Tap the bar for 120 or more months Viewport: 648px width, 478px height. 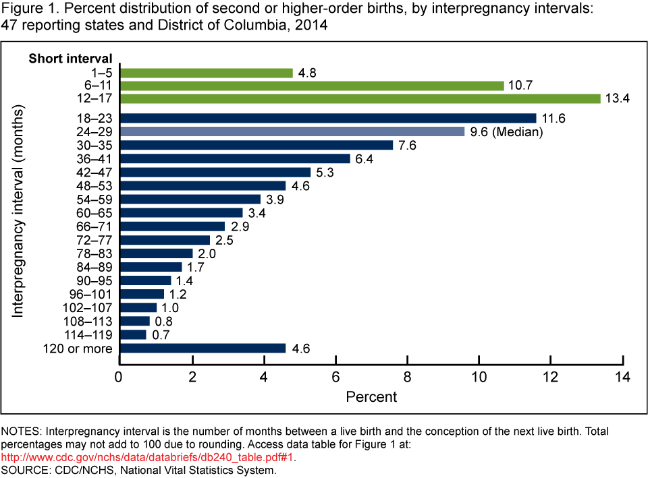point(202,348)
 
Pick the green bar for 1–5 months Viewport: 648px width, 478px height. point(206,73)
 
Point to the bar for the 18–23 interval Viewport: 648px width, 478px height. point(327,118)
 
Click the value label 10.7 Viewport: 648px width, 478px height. point(520,86)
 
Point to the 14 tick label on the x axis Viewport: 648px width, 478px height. point(622,376)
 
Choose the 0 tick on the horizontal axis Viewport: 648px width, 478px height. point(119,376)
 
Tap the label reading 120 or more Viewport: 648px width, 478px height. point(79,348)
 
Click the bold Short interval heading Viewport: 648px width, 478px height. point(70,58)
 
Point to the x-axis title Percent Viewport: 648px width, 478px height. point(371,396)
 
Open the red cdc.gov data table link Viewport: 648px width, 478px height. point(148,457)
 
